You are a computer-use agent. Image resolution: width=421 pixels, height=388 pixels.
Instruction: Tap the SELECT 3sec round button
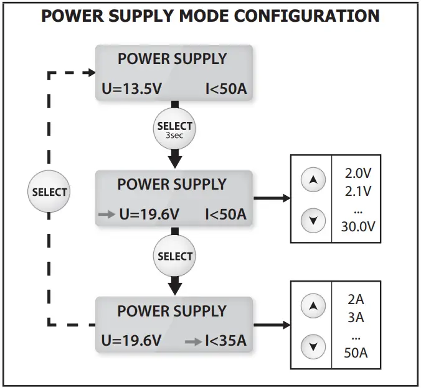(x=175, y=129)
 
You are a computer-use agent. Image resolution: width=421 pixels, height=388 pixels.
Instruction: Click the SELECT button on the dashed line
(x=49, y=192)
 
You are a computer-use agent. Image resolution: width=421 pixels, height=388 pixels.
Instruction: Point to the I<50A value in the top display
(x=226, y=89)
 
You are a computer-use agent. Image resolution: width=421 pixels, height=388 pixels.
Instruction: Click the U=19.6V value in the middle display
(x=149, y=215)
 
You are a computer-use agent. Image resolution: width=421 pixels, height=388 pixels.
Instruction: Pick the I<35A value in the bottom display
(x=226, y=341)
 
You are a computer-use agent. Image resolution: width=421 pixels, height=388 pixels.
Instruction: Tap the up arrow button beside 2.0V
(x=313, y=180)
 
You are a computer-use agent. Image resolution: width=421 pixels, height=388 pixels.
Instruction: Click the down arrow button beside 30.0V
(x=313, y=220)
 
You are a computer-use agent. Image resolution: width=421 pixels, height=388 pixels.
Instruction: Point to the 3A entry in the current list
(x=356, y=318)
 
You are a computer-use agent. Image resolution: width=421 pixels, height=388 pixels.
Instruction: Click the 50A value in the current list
(x=356, y=353)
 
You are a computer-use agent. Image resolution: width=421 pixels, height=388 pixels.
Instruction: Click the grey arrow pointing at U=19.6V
(x=106, y=215)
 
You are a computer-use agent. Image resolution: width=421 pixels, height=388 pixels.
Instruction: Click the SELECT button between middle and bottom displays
(x=175, y=256)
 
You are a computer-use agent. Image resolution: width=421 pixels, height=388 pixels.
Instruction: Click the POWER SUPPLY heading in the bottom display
(x=172, y=311)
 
